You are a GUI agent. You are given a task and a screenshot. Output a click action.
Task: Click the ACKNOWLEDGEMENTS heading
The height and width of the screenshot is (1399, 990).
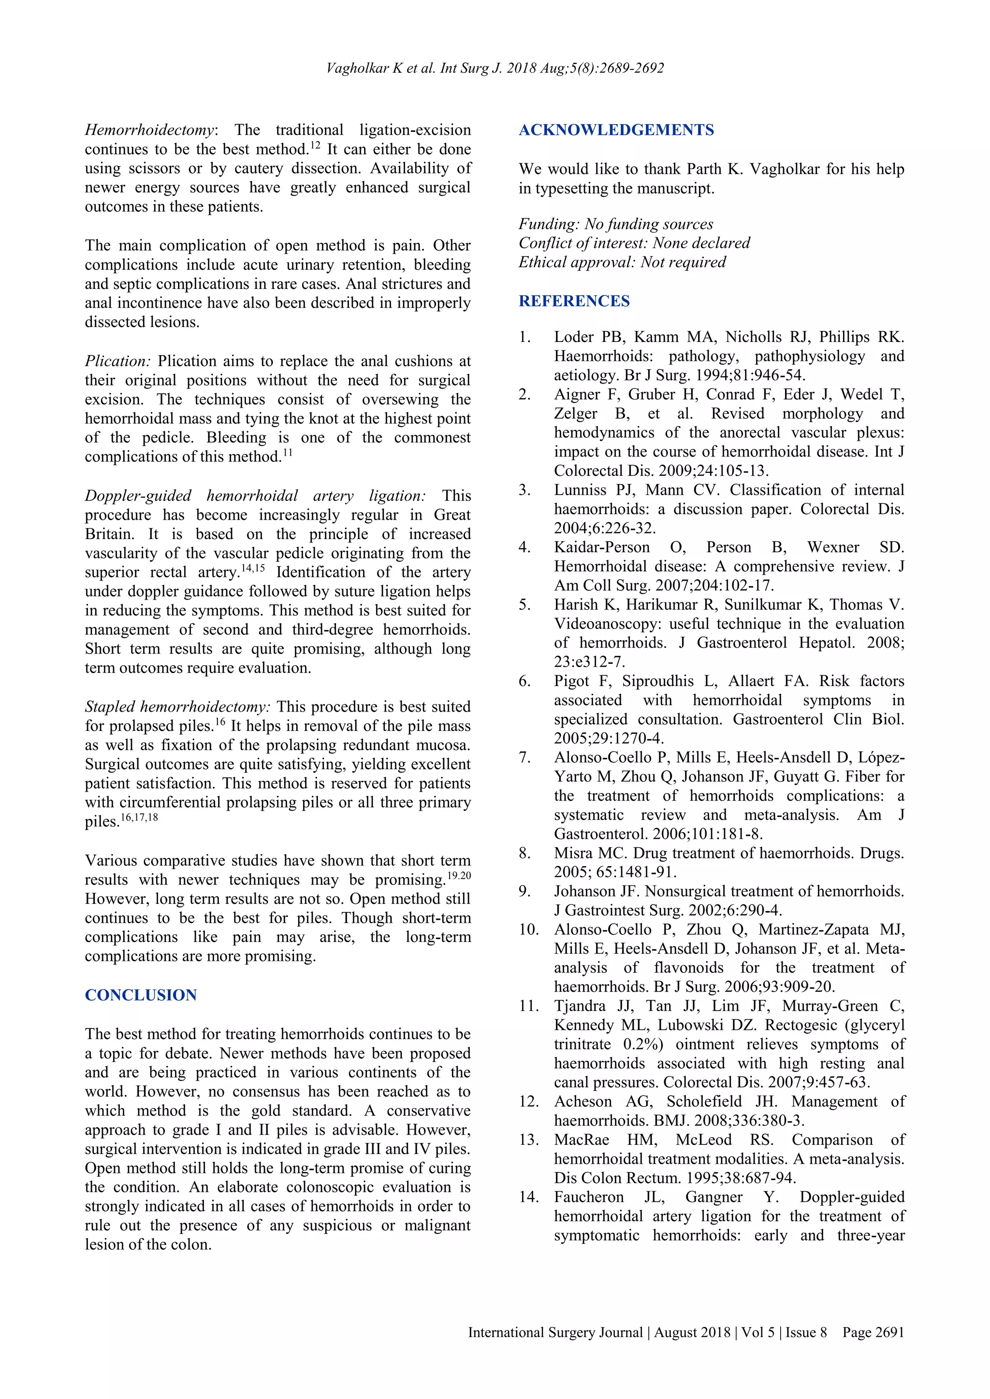(616, 130)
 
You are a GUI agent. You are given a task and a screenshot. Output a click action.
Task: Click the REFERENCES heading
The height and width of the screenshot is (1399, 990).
(574, 301)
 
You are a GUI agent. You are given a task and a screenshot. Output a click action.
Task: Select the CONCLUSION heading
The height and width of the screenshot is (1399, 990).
(141, 995)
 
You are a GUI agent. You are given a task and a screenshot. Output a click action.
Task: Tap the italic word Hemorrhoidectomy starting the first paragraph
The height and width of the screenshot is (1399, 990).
(149, 130)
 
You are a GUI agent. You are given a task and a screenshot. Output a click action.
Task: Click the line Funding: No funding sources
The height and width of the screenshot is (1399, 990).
(616, 224)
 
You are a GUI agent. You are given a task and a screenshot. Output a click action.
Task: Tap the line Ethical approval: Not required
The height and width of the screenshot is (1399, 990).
(622, 262)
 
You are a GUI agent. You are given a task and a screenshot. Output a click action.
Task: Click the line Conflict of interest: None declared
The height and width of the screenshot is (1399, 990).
(634, 243)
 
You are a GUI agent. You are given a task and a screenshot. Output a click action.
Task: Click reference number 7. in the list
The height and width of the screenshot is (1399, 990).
(525, 757)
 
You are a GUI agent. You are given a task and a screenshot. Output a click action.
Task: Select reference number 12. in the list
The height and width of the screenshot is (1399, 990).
(528, 1101)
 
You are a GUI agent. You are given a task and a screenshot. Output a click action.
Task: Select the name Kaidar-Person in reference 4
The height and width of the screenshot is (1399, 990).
(602, 547)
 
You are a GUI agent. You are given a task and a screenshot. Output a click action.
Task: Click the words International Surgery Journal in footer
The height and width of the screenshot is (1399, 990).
(555, 1333)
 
